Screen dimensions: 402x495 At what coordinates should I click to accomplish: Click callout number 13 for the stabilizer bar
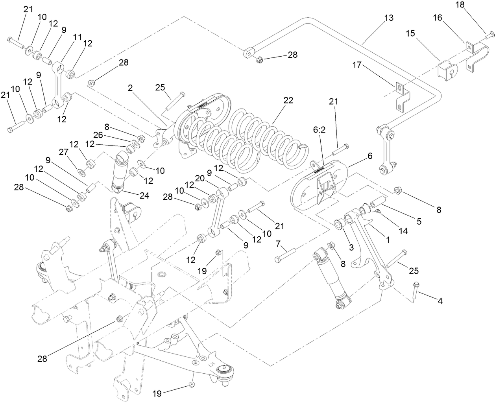tap(388, 18)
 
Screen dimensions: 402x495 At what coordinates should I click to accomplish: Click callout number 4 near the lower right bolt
tap(440, 301)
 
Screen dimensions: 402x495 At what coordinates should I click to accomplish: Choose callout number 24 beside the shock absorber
tap(145, 195)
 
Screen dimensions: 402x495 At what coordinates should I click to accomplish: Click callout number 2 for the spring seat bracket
tap(130, 88)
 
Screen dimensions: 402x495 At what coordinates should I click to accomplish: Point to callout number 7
tap(279, 245)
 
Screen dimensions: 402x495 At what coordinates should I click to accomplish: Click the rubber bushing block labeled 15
tap(448, 71)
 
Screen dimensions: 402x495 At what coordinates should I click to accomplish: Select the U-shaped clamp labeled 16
tap(475, 55)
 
